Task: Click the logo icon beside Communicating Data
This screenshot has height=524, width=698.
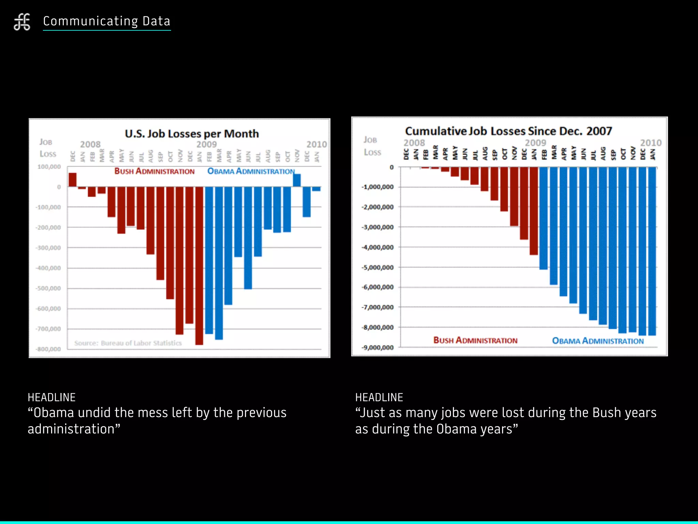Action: click(22, 22)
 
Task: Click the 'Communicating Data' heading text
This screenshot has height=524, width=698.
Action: click(106, 21)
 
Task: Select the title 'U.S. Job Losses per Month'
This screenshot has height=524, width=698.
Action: click(192, 134)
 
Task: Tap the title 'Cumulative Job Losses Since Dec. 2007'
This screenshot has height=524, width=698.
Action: click(508, 131)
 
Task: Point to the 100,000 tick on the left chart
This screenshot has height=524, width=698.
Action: click(49, 167)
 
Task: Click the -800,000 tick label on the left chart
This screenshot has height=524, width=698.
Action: click(48, 349)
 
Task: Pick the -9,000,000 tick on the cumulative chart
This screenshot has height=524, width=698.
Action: click(378, 348)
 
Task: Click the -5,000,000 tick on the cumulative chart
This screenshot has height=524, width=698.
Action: click(378, 267)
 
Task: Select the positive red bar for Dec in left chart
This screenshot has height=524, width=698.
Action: click(72, 180)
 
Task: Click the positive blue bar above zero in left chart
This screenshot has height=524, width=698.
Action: click(297, 180)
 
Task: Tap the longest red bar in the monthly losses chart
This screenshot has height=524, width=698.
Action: click(199, 266)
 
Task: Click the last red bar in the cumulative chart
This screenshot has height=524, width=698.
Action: click(534, 212)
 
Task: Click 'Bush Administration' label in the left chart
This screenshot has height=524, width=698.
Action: click(154, 171)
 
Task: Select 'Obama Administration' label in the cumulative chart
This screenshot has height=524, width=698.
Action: click(598, 341)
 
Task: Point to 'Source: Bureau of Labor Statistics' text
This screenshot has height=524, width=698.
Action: click(128, 343)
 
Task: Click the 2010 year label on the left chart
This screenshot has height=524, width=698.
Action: click(316, 145)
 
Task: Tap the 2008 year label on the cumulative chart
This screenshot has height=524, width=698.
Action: click(414, 143)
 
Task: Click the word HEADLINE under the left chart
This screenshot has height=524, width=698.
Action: click(51, 397)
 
